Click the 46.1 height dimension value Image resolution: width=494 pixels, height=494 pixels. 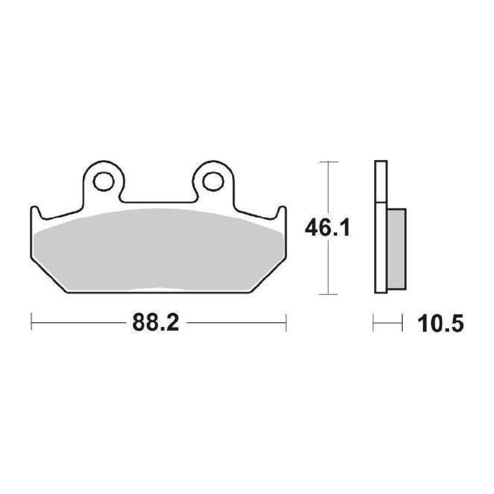(327, 229)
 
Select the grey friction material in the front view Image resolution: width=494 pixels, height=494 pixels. (159, 250)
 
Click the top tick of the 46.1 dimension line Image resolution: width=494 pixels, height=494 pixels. (328, 162)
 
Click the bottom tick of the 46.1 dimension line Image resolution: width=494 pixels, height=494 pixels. (328, 294)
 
